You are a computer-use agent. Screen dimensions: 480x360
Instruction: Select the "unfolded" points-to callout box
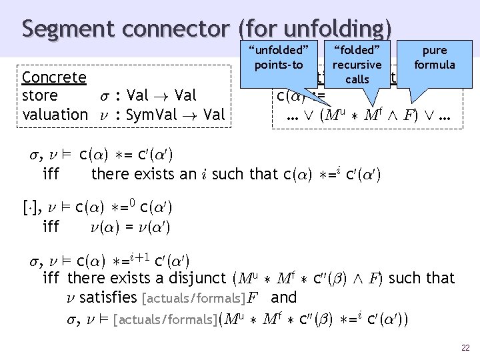tap(278, 57)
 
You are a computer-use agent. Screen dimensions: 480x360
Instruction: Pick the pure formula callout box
tap(434, 57)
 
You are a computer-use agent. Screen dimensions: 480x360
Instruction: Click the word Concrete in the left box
tap(54, 77)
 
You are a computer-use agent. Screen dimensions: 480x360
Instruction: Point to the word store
tap(39, 96)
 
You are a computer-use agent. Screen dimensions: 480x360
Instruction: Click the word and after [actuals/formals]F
tap(284, 297)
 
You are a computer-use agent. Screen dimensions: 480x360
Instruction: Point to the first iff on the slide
tap(51, 175)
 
